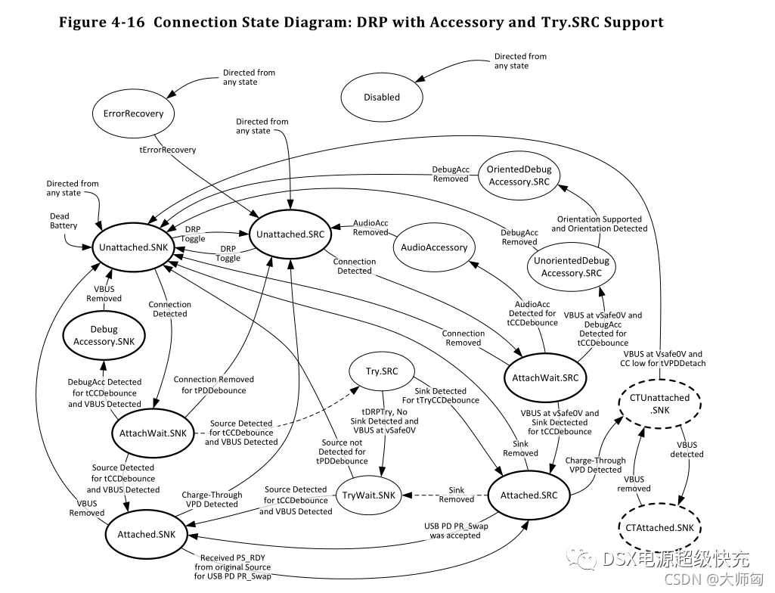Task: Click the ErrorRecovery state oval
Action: (x=133, y=114)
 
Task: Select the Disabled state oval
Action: (x=382, y=98)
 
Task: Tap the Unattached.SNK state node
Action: (x=133, y=247)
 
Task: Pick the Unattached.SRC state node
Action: (x=291, y=234)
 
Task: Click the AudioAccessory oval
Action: (x=434, y=247)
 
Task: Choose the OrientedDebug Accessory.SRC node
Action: (x=519, y=175)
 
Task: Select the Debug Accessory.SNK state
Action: (x=104, y=335)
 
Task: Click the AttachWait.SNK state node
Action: (x=153, y=433)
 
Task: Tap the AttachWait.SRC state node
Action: (x=545, y=377)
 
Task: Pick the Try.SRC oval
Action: (x=382, y=371)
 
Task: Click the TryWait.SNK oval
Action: (x=368, y=495)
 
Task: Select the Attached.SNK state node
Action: (x=147, y=534)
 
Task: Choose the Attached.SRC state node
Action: (x=529, y=495)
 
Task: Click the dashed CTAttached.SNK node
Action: (x=655, y=528)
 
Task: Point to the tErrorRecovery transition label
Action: (x=168, y=150)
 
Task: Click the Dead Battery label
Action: (x=64, y=221)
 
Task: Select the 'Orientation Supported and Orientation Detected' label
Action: (x=600, y=224)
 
